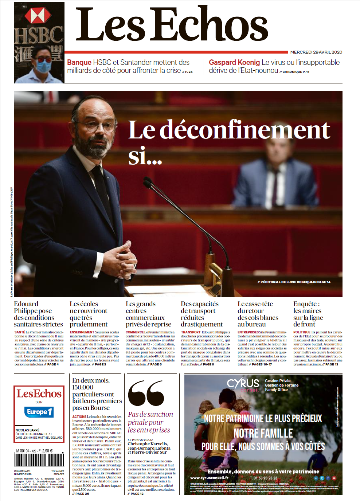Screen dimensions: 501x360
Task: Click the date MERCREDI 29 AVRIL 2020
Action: tap(316, 52)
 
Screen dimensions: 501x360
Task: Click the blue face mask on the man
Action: tap(43, 67)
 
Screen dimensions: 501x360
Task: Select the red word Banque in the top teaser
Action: tap(79, 62)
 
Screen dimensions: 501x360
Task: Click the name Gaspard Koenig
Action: tap(234, 62)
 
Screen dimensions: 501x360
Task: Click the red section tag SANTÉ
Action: tap(20, 332)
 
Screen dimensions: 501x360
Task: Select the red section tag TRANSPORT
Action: tap(191, 332)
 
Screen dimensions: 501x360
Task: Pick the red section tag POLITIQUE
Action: tap(302, 332)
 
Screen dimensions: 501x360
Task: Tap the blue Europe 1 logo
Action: tap(39, 412)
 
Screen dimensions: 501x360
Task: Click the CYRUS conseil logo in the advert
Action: tap(243, 385)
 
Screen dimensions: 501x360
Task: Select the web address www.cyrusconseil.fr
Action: tap(209, 478)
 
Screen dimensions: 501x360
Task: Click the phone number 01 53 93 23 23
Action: tap(263, 478)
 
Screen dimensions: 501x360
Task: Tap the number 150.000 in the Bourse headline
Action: tap(83, 387)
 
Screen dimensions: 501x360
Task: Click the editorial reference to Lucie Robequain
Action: tap(294, 282)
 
